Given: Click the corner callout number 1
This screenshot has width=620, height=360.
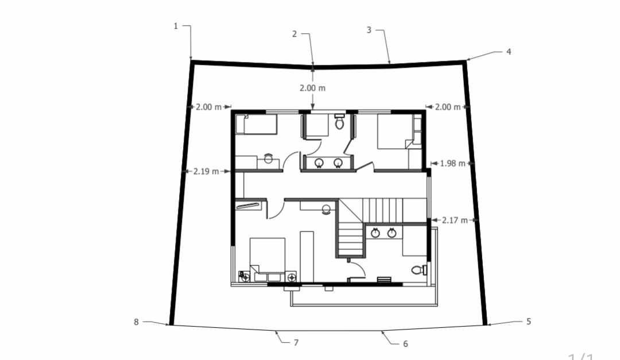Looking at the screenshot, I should [176, 26].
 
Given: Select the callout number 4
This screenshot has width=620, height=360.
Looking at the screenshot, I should [508, 52].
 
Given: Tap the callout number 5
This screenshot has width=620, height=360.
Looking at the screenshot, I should [528, 322].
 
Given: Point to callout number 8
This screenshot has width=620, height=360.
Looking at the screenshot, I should [136, 322].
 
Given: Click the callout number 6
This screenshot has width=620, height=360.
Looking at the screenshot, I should [405, 344].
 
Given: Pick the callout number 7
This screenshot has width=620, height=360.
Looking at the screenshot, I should [296, 343].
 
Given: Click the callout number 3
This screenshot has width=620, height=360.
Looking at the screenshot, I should [369, 30].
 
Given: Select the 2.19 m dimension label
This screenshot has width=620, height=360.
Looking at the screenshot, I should [206, 171].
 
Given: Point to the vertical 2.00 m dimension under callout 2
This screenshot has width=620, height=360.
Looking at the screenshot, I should [312, 88].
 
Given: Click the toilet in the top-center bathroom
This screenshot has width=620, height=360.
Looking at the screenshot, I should [339, 122].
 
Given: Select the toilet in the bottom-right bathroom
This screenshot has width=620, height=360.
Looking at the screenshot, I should [418, 269].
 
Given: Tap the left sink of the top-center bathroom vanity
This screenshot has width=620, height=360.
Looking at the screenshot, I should [320, 163].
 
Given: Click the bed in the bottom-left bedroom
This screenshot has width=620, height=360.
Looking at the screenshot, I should [268, 256].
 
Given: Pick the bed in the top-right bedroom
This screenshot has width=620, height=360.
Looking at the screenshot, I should [395, 131].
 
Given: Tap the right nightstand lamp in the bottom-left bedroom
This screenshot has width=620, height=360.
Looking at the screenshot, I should [292, 278].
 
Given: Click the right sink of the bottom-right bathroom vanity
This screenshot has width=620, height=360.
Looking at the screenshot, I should [392, 233].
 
